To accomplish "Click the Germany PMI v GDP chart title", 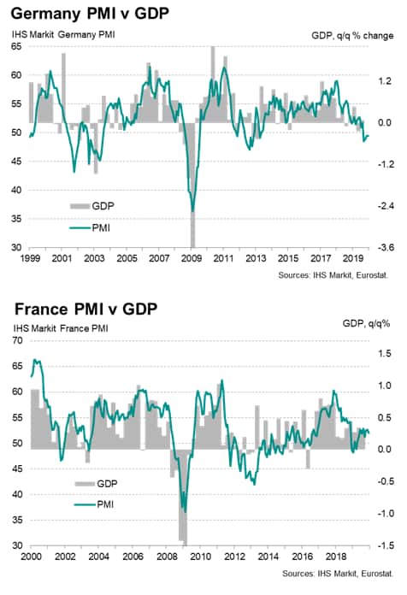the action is (x=90, y=14).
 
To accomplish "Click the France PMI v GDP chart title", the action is (x=86, y=309).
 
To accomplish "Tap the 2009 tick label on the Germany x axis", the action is (x=191, y=258).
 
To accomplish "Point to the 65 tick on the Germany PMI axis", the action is (x=16, y=46).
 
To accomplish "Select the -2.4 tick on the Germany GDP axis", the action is (x=386, y=206).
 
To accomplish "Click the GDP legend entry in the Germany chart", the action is (x=92, y=206).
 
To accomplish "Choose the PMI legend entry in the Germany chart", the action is (x=90, y=227).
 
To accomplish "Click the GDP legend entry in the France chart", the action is (x=97, y=484).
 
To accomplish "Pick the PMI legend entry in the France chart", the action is (x=94, y=504).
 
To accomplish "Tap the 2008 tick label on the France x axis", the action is (x=167, y=557).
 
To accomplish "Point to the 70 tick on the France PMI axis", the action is (x=17, y=340).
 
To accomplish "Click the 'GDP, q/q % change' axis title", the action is (x=352, y=36).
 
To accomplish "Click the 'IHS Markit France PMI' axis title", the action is (x=61, y=328).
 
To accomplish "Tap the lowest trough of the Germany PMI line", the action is (x=192, y=211).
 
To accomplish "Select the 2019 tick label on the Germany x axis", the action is (x=353, y=258).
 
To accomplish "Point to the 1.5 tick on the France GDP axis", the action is (x=384, y=353).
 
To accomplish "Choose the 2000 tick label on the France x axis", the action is (x=31, y=557).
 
